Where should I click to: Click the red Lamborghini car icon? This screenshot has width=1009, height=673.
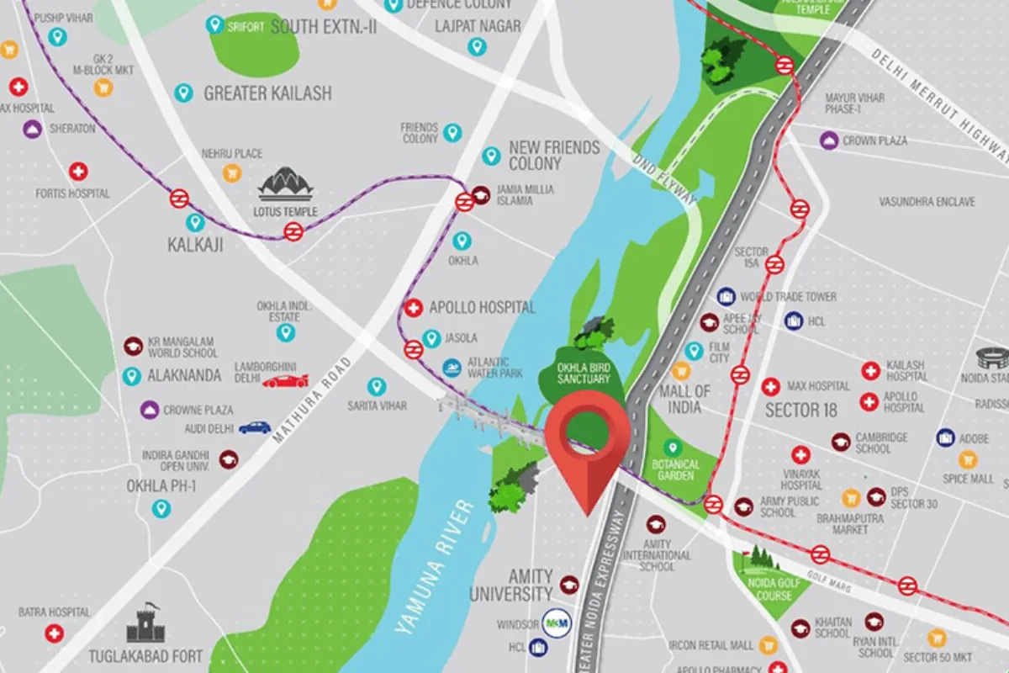285,381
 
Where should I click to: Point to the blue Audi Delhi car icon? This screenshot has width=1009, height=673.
255,427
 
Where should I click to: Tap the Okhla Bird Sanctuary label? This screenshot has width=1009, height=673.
584,374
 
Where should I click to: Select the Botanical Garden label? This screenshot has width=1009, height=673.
676,470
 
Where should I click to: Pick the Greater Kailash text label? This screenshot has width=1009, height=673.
267,93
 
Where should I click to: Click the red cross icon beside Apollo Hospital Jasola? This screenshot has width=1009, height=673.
413,308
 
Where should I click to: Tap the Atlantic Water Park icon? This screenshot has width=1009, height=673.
452,367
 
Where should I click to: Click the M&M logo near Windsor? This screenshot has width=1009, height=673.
556,622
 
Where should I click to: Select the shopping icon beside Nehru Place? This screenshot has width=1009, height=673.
231,172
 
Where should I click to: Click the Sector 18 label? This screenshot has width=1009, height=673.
804,411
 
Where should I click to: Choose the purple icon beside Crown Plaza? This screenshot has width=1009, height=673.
829,140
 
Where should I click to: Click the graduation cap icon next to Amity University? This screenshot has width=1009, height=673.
569,585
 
